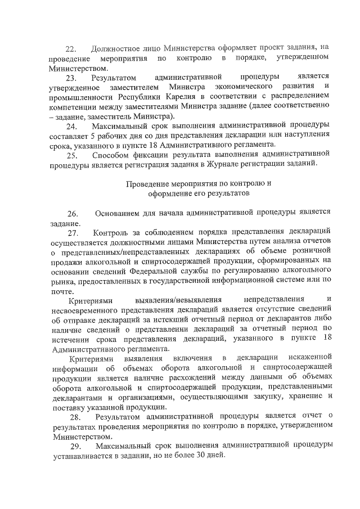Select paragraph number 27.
[x=74, y=233]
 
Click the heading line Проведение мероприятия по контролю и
[x=199, y=184]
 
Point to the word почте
[x=61, y=291]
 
